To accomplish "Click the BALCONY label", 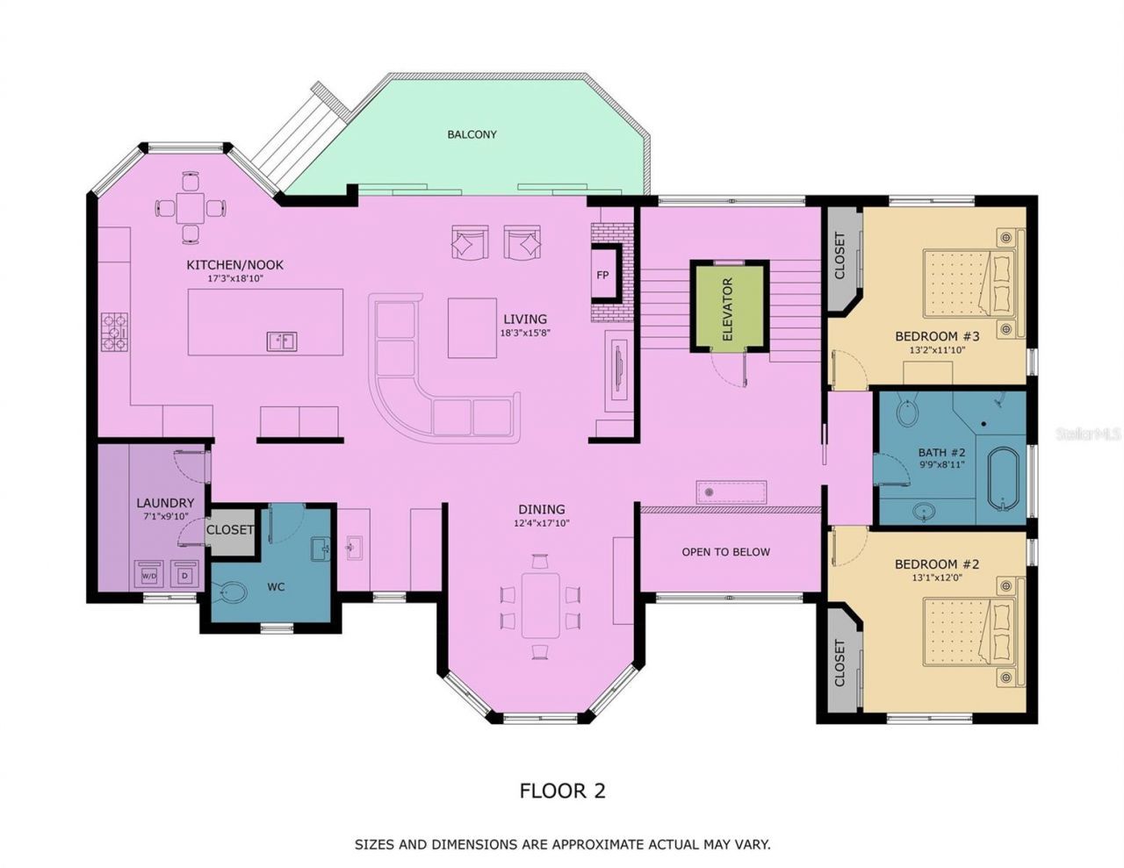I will point(472,134).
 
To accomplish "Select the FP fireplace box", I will point(602,275).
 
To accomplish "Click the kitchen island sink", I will point(282,341).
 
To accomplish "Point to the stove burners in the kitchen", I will point(115,332).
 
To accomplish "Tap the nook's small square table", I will point(191,208).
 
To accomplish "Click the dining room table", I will point(540,605).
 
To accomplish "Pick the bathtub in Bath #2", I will point(1002,479).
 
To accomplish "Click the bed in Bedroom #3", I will point(966,283).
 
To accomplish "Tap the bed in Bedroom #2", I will point(966,632).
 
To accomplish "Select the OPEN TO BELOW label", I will point(725,552).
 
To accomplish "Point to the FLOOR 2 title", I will point(562,791).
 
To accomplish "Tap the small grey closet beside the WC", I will point(230,531).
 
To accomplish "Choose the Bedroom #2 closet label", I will point(839,664).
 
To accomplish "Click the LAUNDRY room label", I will point(165,503).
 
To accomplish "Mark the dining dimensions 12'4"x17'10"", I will point(541,524).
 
